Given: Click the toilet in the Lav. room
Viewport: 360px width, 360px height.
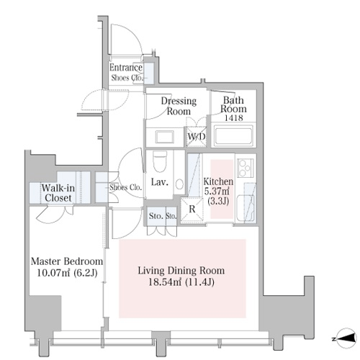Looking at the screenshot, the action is [x=160, y=161].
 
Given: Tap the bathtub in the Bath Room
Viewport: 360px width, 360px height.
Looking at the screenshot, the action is [x=233, y=135].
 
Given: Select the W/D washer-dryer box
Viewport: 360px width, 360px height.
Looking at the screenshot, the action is [x=196, y=137].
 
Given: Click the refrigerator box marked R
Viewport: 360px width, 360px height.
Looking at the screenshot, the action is [x=192, y=210].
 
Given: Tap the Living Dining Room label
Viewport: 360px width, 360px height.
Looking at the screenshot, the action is [x=181, y=271].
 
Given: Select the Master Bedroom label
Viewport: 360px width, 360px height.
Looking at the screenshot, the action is [x=67, y=261].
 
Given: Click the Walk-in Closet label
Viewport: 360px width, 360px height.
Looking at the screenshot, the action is [x=58, y=193].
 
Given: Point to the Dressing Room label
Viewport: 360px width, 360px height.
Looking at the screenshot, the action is [x=179, y=106].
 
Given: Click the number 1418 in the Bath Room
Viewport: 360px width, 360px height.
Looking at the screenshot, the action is [x=233, y=118].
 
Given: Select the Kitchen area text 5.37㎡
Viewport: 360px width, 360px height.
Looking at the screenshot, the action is [x=217, y=192].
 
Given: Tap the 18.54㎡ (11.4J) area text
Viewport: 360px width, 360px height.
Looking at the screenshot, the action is [x=181, y=282].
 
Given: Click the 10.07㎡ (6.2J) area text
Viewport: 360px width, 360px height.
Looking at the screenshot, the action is [x=67, y=273].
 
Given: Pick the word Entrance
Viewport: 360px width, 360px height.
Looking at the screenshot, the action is [x=126, y=68].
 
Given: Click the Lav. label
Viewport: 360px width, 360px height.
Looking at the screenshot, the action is [x=159, y=182].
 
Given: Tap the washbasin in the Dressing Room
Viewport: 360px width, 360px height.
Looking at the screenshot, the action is [x=165, y=137].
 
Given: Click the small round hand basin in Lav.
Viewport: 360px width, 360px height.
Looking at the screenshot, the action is [x=179, y=184].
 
